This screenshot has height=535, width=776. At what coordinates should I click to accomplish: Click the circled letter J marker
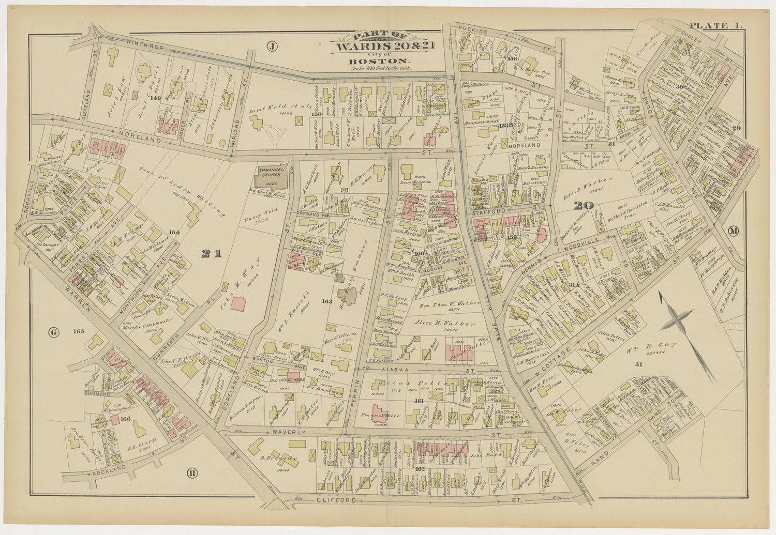[x=272, y=47]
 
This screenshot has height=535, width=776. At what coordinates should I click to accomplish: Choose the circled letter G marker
[x=53, y=332]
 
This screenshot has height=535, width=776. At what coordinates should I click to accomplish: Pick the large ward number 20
[x=584, y=206]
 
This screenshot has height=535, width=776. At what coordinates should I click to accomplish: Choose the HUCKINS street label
[x=473, y=31]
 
